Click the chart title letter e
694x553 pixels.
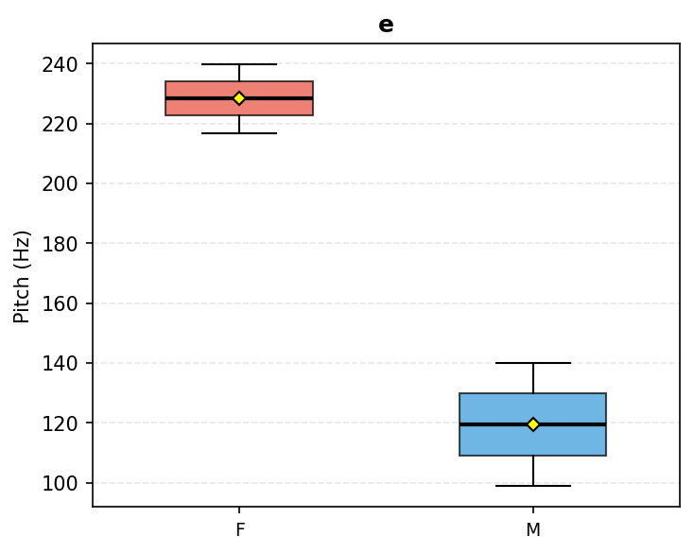click(386, 25)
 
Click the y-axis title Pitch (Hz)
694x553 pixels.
click(21, 277)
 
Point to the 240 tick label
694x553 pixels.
click(60, 65)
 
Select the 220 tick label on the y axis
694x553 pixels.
click(60, 125)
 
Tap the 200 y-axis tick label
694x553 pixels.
click(60, 184)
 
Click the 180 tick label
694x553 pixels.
click(60, 244)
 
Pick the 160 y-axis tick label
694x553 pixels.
click(60, 304)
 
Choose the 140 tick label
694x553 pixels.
click(60, 364)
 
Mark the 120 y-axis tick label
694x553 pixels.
click(60, 423)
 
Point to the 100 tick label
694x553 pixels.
click(60, 484)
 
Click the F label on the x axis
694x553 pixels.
click(240, 529)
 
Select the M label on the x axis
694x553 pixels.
click(533, 529)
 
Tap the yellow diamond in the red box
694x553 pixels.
click(239, 98)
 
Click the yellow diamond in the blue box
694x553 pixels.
click(533, 424)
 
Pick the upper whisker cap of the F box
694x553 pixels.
click(239, 64)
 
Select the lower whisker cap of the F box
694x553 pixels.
click(239, 133)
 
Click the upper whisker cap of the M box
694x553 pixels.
click(533, 363)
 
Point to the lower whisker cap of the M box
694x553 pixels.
click(533, 486)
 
